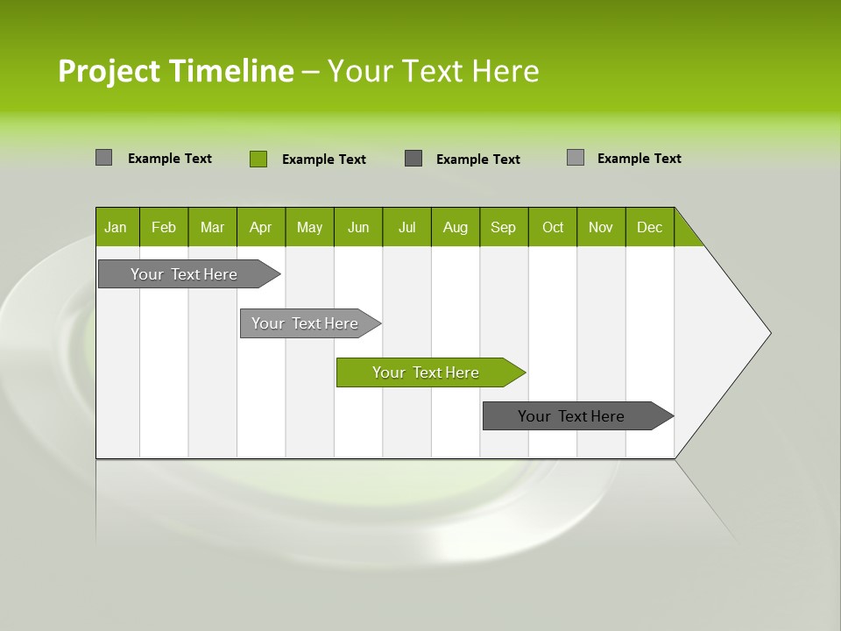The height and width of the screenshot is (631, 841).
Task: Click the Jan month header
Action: (117, 227)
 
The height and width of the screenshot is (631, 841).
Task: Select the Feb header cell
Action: (164, 227)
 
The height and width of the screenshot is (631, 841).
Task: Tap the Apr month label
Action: (260, 227)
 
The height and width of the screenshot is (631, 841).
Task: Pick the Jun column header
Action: (358, 227)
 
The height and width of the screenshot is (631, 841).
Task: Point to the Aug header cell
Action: (455, 227)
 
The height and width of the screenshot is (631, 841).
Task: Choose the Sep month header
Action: (503, 227)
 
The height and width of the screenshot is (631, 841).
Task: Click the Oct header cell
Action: (553, 227)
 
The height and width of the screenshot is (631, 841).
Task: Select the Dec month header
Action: (649, 227)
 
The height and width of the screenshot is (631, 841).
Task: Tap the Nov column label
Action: (601, 227)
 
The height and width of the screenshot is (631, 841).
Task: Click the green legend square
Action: (258, 159)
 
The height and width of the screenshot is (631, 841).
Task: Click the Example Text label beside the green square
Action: (323, 160)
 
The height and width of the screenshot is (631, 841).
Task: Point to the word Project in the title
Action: (110, 71)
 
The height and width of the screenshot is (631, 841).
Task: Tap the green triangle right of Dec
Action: (686, 235)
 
